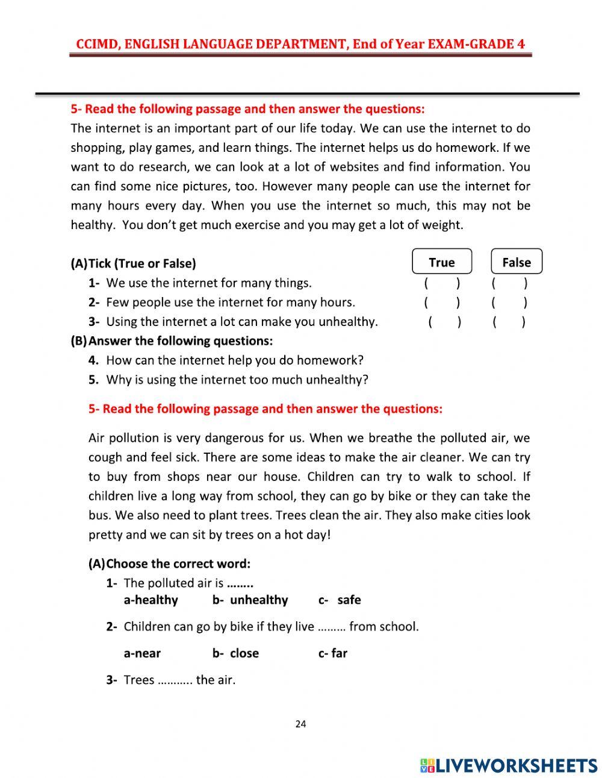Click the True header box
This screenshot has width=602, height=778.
(442, 262)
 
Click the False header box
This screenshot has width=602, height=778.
(517, 262)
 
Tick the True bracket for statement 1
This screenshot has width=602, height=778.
(442, 283)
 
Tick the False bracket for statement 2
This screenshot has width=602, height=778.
(509, 303)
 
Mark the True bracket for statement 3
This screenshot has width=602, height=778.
(444, 322)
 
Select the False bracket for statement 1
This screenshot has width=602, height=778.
(509, 283)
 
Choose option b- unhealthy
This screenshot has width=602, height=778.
(250, 600)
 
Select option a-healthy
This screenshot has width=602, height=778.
(150, 600)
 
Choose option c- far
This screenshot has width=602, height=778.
(333, 653)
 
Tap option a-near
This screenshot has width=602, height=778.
(142, 653)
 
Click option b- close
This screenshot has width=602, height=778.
(235, 653)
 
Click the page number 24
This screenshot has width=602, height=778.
(300, 724)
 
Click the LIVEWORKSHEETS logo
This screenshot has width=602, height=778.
(509, 765)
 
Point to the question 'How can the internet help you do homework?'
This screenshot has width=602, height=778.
(235, 360)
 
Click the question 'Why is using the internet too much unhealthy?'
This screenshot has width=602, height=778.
(237, 380)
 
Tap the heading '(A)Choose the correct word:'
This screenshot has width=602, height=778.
(169, 564)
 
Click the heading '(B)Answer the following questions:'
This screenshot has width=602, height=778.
(172, 341)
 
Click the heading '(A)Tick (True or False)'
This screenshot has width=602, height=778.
(133, 263)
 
